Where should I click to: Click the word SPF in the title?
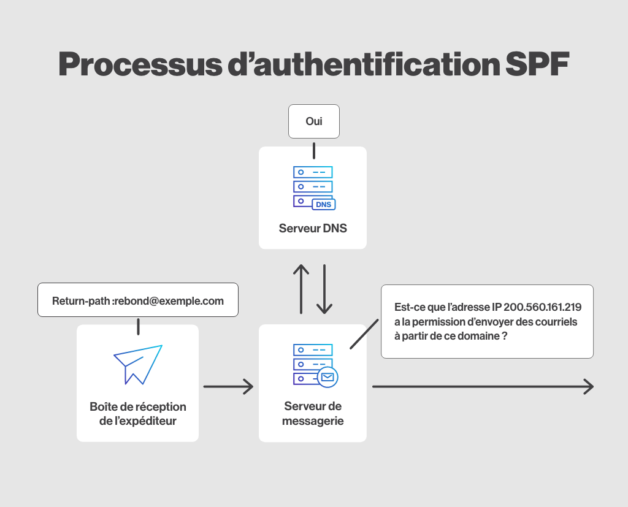pos(534,64)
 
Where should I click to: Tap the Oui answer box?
pos(313,121)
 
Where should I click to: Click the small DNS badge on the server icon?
pos(323,204)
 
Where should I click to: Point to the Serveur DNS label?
pos(313,229)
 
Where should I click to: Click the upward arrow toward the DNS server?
pos(301,289)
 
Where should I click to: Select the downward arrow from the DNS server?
pos(324,289)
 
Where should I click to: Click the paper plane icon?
pos(138,364)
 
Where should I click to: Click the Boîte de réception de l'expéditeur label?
pos(138,414)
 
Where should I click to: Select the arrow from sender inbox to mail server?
pos(228,386)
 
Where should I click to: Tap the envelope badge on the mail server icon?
pos(327,377)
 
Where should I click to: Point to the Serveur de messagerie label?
pos(313,414)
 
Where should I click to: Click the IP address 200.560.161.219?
pos(542,306)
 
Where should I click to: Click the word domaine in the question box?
pos(478,337)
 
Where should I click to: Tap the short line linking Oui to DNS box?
pos(313,150)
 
